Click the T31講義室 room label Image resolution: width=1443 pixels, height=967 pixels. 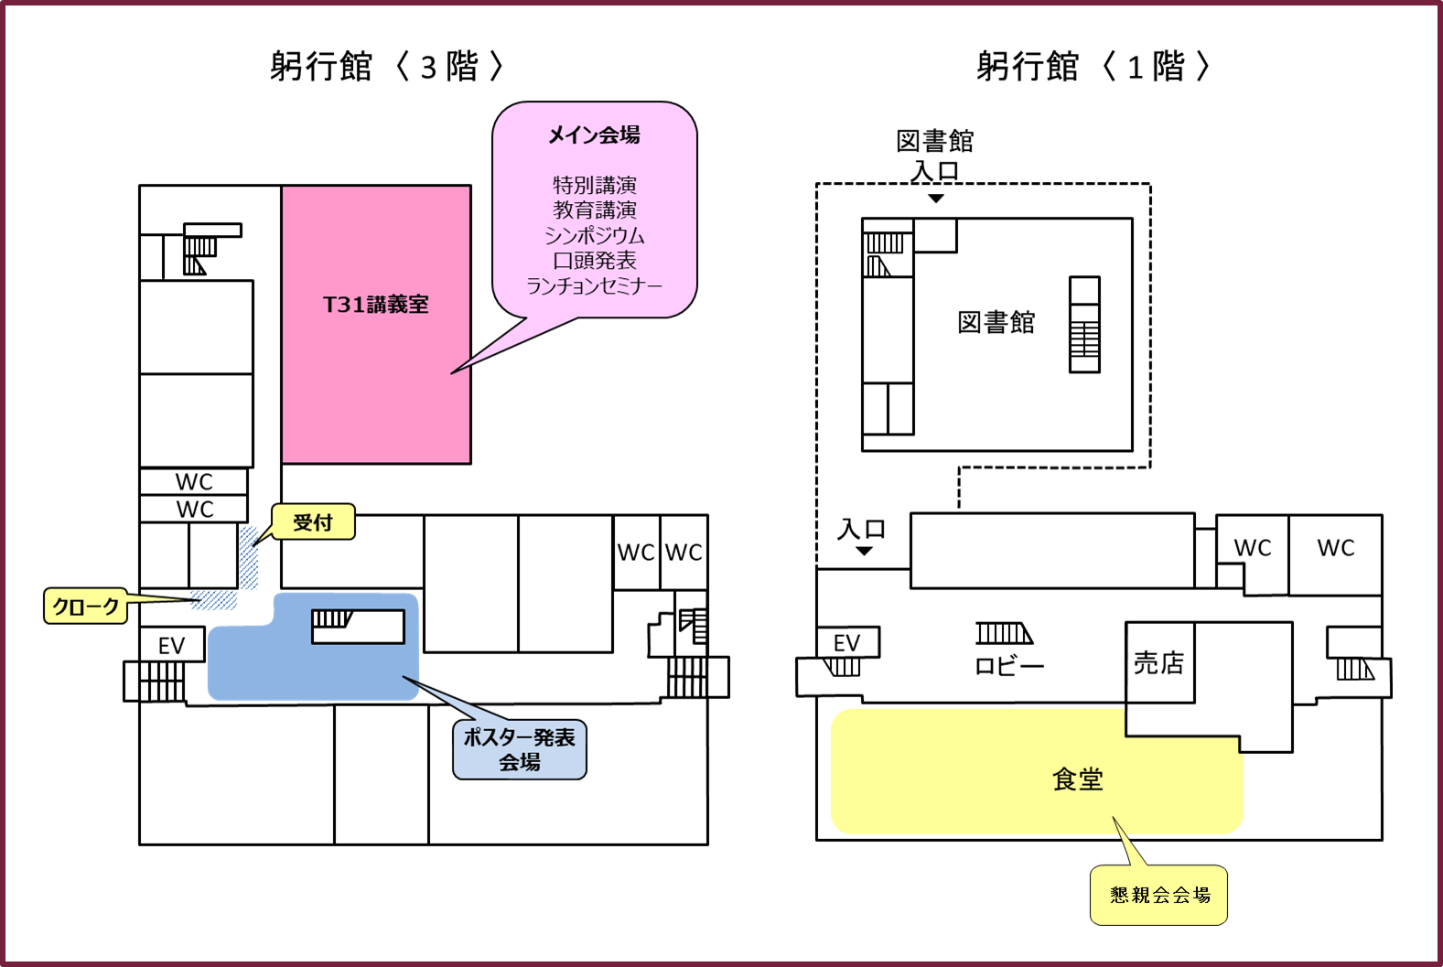coord(375,304)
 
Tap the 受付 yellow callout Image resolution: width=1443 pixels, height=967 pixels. coord(313,521)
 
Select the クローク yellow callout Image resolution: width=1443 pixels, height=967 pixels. coord(86,606)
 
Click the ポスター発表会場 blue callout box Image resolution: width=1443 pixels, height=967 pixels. coord(519,749)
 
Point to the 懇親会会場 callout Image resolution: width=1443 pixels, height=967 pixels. coord(1159,895)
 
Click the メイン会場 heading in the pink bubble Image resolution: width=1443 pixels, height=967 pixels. coord(594,135)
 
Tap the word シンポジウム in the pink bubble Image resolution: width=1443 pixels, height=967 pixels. coord(594,235)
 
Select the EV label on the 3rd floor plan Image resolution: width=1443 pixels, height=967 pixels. coord(172,646)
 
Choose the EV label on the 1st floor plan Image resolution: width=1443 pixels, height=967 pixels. coord(846,643)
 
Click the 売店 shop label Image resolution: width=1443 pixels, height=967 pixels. coord(1159,662)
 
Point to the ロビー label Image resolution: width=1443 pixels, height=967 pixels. coord(1008,666)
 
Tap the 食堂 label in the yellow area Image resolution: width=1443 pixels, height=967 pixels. coord(1078,779)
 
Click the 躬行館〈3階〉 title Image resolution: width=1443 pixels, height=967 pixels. coord(386,66)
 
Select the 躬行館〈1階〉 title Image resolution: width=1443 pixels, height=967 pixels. coord(1093,66)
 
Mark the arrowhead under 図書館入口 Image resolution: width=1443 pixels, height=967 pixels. coord(936,199)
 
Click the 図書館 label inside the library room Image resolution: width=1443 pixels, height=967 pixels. coord(996,322)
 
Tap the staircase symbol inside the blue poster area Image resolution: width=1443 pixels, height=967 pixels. coord(332,618)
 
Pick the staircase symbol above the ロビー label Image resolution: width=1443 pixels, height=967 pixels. coord(1005,633)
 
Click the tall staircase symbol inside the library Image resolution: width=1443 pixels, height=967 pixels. coord(1085,325)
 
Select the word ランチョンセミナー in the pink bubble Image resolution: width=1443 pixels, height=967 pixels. coord(594,285)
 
